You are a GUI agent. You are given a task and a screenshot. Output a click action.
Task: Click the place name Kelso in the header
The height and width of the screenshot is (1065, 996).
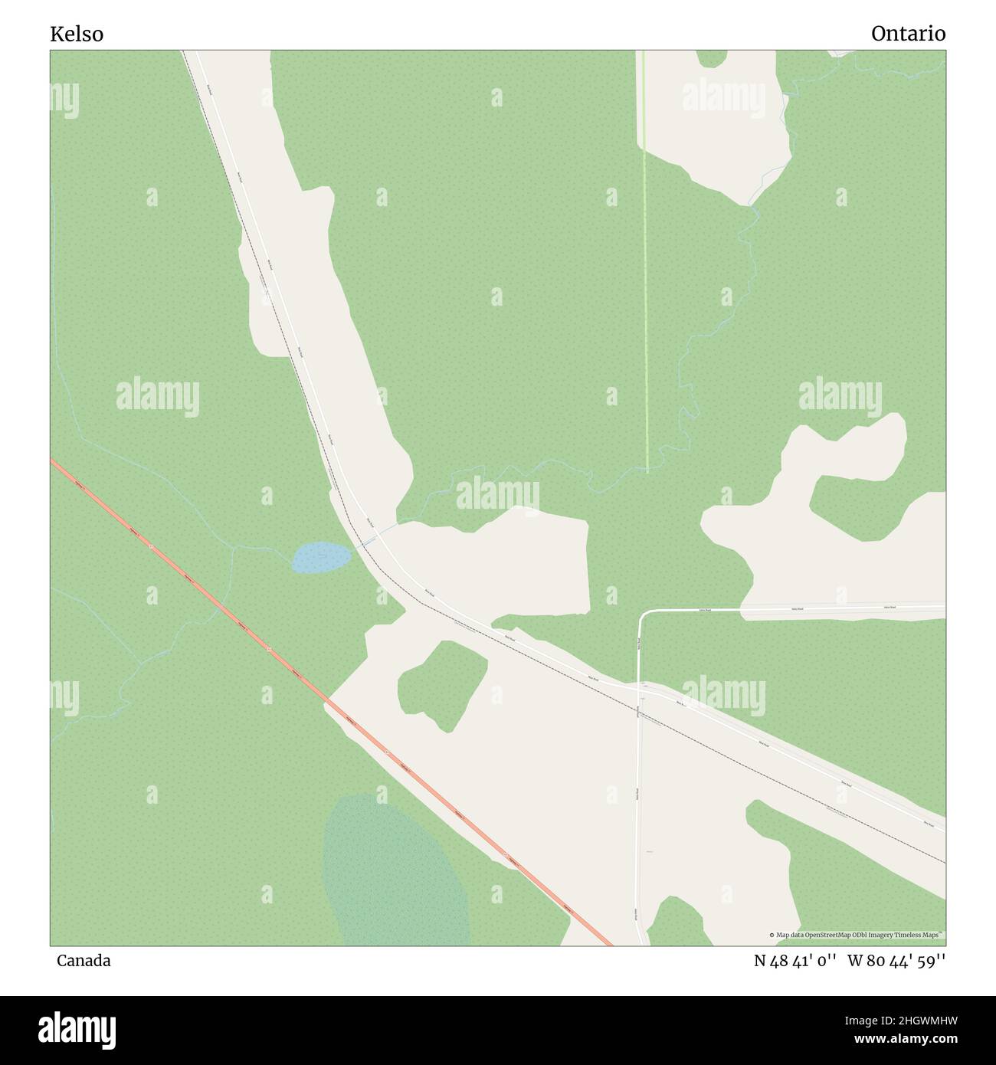click(x=77, y=34)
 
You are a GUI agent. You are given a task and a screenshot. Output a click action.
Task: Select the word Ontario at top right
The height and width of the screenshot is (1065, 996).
click(x=908, y=34)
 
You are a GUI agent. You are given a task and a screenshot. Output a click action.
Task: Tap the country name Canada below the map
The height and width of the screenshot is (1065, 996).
click(x=84, y=961)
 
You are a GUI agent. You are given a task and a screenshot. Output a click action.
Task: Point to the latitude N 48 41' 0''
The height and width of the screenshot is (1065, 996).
click(x=794, y=961)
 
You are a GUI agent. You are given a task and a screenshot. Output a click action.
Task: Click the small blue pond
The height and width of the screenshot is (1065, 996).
click(x=320, y=557)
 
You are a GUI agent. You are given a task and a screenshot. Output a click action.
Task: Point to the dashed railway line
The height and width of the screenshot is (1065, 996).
click(x=766, y=766)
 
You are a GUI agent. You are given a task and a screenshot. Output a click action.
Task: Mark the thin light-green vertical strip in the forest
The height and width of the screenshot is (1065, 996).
click(x=645, y=306)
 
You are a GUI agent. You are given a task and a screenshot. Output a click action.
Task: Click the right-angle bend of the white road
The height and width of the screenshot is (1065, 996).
click(x=642, y=615)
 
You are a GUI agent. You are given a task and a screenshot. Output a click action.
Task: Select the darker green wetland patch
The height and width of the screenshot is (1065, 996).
click(x=395, y=873)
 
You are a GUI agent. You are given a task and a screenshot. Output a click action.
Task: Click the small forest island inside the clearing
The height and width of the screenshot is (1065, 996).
click(x=443, y=684)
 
